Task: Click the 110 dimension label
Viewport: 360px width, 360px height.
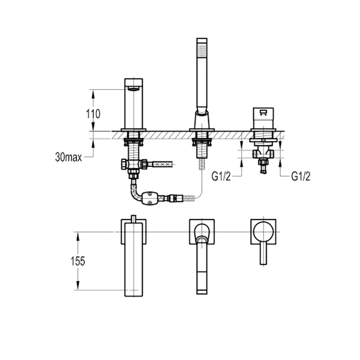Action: click(x=93, y=114)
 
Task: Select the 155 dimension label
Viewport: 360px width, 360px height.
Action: click(x=78, y=261)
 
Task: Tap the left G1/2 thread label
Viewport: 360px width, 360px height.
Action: click(x=221, y=176)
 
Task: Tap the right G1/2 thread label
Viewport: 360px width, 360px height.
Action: click(x=301, y=176)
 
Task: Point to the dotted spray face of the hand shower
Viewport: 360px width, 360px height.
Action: click(x=202, y=50)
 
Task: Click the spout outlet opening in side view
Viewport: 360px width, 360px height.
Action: click(x=134, y=89)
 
